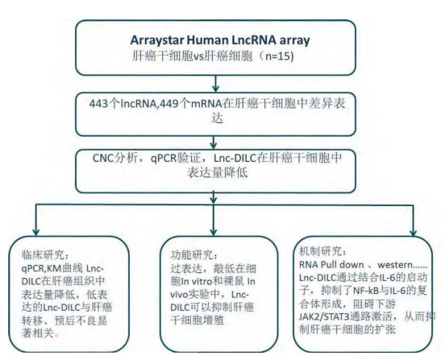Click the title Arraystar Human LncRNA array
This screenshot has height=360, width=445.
coord(220,40)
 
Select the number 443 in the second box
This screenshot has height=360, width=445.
coord(99,104)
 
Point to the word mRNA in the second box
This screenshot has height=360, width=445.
coord(206,104)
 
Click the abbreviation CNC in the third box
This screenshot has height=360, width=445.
coord(103,158)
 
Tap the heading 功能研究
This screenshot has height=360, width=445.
coord(191,254)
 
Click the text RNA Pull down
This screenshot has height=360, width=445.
coord(331,265)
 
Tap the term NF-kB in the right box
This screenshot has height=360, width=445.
coord(364,291)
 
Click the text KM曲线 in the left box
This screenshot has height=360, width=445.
coord(64,268)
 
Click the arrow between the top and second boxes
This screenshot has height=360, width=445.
coord(216,84)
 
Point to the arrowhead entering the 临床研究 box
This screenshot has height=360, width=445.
coord(35,231)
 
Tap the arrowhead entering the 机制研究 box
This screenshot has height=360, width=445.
coord(414,232)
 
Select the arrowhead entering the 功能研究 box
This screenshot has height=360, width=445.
coord(214,231)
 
